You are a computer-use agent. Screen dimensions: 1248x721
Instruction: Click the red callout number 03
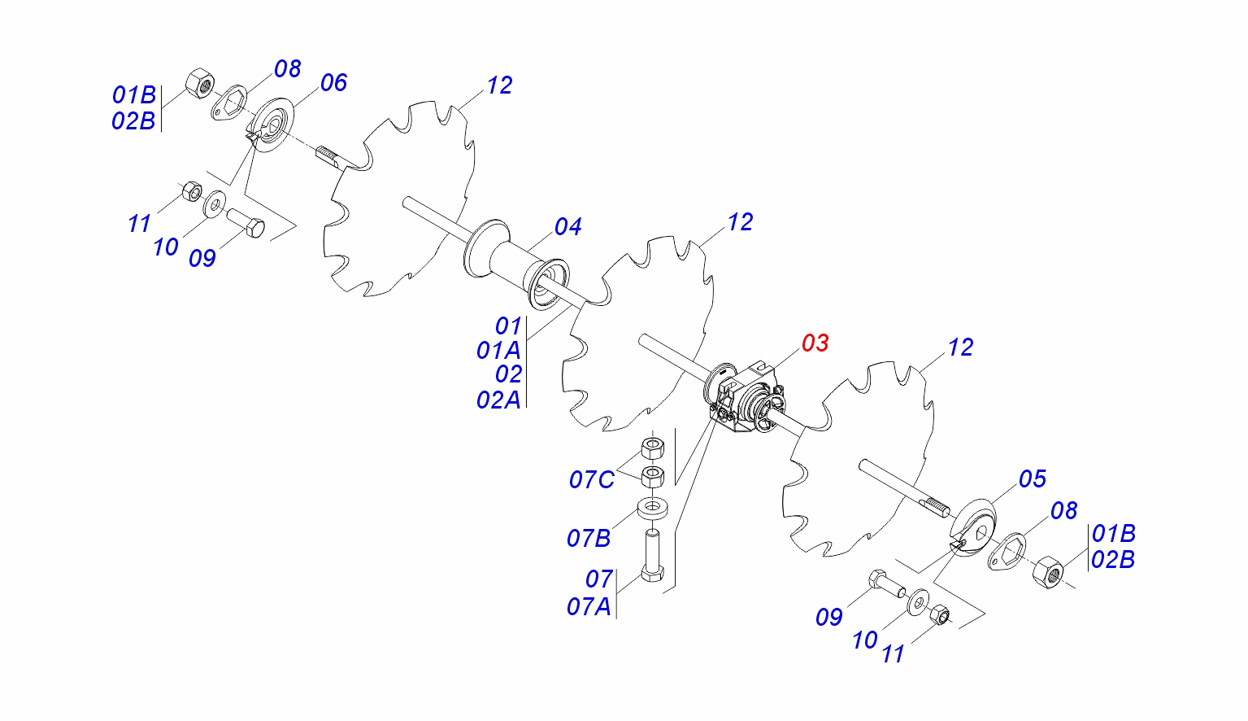coord(815,343)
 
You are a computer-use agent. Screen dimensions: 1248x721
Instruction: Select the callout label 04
coord(567,227)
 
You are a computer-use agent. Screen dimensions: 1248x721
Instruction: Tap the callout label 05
coord(1033,479)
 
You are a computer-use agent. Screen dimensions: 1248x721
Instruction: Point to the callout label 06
coord(333,83)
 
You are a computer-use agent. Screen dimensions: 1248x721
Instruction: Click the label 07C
coord(592,480)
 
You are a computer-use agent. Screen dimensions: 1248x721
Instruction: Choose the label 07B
coord(589,539)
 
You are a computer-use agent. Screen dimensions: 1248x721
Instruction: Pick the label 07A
coord(589,607)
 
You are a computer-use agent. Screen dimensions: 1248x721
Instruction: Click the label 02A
coord(498,400)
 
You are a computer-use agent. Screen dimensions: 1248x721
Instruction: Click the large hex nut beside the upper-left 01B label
coord(199,83)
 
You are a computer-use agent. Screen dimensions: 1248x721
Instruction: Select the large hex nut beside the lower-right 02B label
coord(1048,572)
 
